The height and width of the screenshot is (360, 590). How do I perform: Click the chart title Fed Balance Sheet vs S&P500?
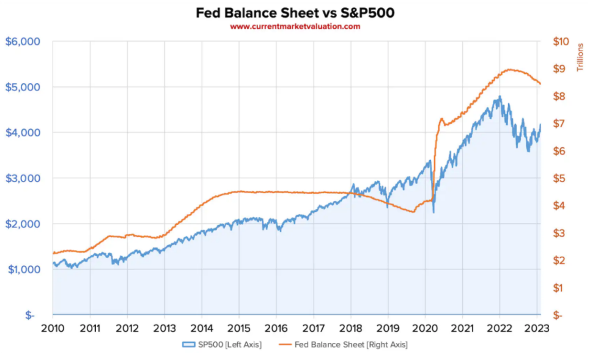pyautogui.click(x=295, y=12)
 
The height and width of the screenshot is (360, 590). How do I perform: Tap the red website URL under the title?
pyautogui.click(x=295, y=26)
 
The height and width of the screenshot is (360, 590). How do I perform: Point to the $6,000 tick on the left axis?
pyautogui.click(x=23, y=42)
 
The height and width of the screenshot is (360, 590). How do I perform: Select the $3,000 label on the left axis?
pyautogui.click(x=23, y=178)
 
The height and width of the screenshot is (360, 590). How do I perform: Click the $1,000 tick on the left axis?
pyautogui.click(x=23, y=270)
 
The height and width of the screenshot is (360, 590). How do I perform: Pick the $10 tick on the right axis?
pyautogui.click(x=561, y=42)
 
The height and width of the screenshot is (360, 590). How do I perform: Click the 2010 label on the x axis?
pyautogui.click(x=53, y=328)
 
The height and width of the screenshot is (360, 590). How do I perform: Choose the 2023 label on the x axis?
pyautogui.click(x=537, y=328)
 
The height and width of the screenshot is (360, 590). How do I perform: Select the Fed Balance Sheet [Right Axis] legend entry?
pyautogui.click(x=345, y=345)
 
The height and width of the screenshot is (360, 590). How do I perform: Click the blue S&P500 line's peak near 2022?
pyautogui.click(x=500, y=97)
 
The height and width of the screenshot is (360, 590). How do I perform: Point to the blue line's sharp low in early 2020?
pyautogui.click(x=433, y=212)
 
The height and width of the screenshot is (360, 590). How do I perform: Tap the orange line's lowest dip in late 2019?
pyautogui.click(x=414, y=211)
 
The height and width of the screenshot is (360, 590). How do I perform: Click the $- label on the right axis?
pyautogui.click(x=558, y=315)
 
